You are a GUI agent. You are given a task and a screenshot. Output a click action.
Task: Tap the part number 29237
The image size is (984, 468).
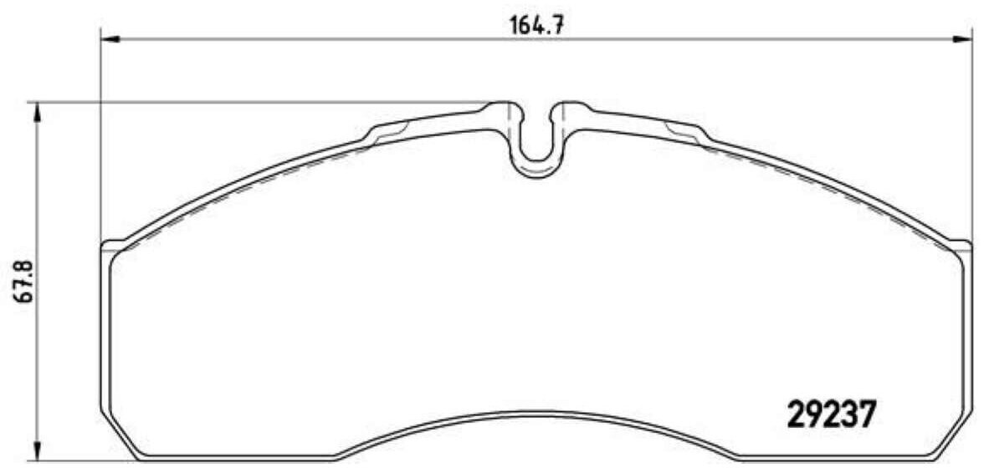pyautogui.click(x=830, y=415)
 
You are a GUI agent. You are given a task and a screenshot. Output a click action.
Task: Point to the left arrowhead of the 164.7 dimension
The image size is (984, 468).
pyautogui.click(x=110, y=39)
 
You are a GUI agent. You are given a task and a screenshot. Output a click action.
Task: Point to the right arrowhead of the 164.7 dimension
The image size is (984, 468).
pyautogui.click(x=962, y=39)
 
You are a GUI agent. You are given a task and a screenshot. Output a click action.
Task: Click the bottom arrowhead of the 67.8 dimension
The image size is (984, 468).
pyautogui.click(x=37, y=448)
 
